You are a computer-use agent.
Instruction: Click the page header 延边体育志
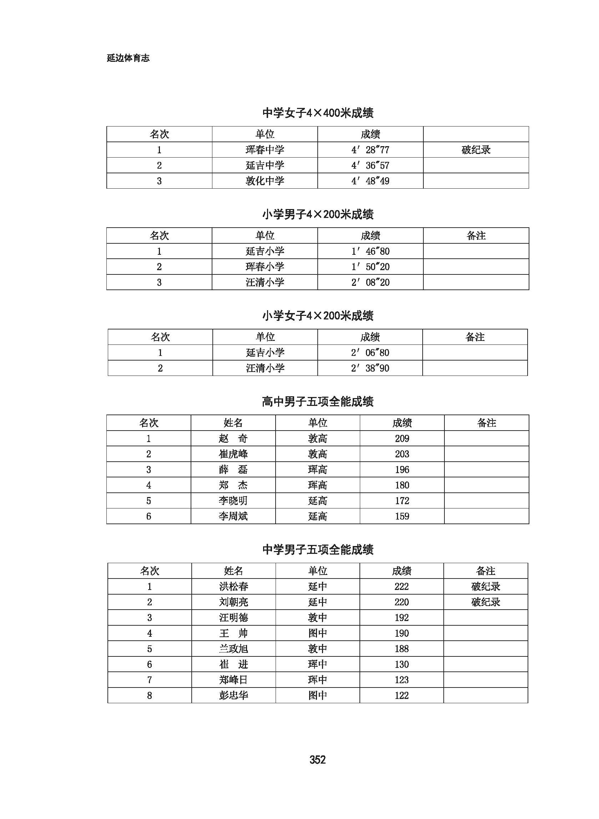click(128, 58)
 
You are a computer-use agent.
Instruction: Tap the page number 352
click(317, 759)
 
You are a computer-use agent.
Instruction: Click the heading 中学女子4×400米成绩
click(318, 113)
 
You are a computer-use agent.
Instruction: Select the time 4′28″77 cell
click(370, 150)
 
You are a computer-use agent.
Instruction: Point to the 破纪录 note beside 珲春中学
click(476, 150)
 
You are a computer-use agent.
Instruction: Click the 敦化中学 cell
click(265, 181)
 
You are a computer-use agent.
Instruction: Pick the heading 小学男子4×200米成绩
click(318, 214)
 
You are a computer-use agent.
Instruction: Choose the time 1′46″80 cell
click(370, 251)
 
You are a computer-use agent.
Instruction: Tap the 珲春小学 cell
click(265, 267)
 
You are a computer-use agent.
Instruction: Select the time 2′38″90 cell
click(370, 368)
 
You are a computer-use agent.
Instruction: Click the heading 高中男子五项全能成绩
click(318, 402)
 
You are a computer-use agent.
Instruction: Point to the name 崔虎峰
click(233, 454)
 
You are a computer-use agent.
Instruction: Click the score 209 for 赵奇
click(402, 438)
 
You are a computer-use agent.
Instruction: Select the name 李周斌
click(233, 516)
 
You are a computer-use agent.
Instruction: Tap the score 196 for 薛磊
click(402, 470)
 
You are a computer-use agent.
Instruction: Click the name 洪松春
click(233, 586)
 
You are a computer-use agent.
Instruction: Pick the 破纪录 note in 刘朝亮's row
click(485, 602)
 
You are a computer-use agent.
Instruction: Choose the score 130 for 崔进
click(401, 664)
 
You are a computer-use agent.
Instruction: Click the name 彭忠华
click(233, 695)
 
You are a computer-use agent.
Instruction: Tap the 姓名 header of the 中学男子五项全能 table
click(233, 571)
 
